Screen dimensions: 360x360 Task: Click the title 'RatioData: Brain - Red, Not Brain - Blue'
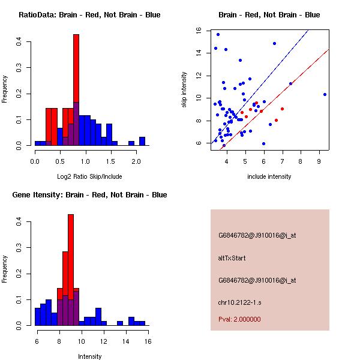pyautogui.click(x=89, y=15)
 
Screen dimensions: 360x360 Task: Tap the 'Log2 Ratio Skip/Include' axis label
pyautogui.click(x=89, y=176)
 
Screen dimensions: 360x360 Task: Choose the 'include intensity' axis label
pyautogui.click(x=269, y=176)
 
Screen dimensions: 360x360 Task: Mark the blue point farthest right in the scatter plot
pyautogui.click(x=325, y=94)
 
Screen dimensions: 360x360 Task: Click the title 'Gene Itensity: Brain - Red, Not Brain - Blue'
pyautogui.click(x=89, y=195)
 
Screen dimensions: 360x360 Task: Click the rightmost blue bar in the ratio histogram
pyautogui.click(x=142, y=142)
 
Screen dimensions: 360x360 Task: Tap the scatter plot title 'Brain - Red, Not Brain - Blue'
pyautogui.click(x=269, y=15)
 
